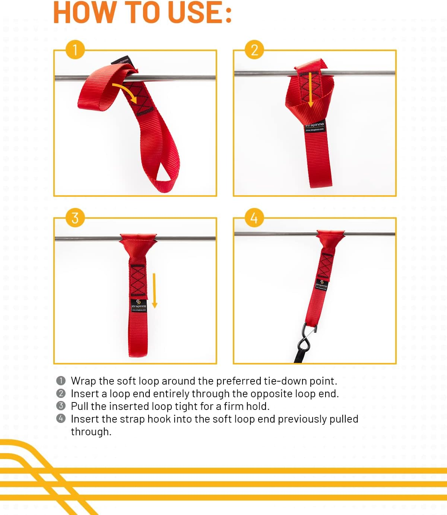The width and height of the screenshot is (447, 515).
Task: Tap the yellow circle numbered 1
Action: pos(75,50)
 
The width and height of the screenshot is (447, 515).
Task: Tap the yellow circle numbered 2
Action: pos(254,50)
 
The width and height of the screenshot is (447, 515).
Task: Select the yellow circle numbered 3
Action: pos(75,218)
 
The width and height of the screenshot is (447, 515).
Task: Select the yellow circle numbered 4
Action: pos(254,218)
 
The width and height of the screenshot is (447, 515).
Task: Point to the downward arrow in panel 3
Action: pos(155,291)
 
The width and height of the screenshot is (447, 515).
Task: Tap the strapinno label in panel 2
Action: pos(315,126)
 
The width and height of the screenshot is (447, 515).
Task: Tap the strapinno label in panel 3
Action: pos(139,305)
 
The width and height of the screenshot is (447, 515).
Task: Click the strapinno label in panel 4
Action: pos(321,284)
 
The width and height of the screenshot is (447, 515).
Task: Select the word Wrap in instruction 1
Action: pos(83,381)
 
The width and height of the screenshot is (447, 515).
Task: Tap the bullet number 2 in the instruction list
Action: pos(61,394)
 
